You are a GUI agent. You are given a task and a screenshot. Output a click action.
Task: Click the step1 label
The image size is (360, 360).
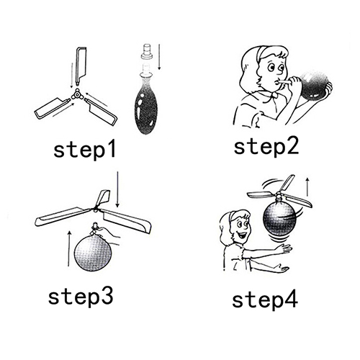pyautogui.click(x=84, y=150)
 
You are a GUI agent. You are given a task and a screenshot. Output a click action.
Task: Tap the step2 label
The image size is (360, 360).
pyautogui.click(x=266, y=147)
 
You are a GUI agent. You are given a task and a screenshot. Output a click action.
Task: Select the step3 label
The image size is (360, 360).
pyautogui.click(x=81, y=297)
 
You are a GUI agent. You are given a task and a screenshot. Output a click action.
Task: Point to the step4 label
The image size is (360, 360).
pyautogui.click(x=265, y=300)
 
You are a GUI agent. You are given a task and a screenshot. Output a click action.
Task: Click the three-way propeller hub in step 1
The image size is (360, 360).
pyautogui.click(x=77, y=95)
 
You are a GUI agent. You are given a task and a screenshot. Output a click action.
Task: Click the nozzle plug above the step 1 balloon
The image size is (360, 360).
pyautogui.click(x=147, y=51)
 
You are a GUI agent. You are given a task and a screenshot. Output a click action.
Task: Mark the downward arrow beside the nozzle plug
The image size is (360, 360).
pyautogui.click(x=159, y=57)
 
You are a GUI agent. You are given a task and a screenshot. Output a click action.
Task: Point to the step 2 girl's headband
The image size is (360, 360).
pyautogui.click(x=261, y=54)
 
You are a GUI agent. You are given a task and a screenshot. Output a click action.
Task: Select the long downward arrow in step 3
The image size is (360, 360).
pyautogui.click(x=117, y=189)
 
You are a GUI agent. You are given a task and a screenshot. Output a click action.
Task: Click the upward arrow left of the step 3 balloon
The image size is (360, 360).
pyautogui.click(x=69, y=248)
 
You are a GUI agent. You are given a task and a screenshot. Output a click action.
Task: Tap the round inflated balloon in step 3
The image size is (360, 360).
pyautogui.click(x=93, y=253)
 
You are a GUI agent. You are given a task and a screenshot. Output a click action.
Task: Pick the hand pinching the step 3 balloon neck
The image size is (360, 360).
pyautogui.click(x=108, y=235)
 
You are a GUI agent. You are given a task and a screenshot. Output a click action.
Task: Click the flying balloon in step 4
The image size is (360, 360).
pyautogui.click(x=280, y=218)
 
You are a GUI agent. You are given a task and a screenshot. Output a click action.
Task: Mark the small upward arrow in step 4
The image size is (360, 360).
pyautogui.click(x=307, y=186)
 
